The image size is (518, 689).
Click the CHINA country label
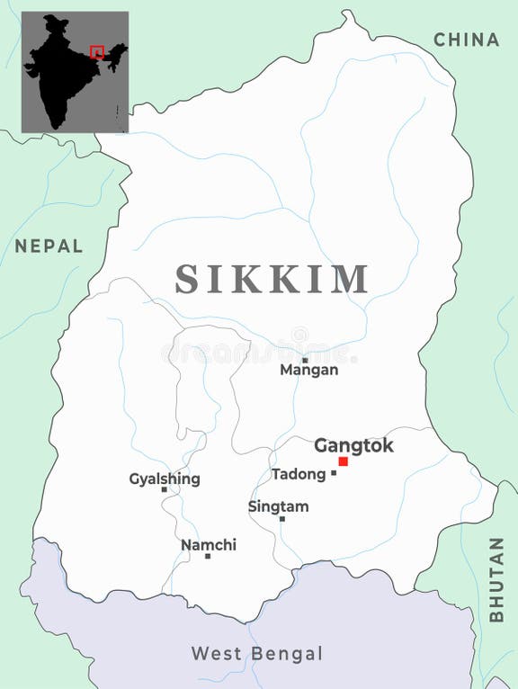pyautogui.click(x=466, y=40)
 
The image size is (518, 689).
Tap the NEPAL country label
pyautogui.click(x=49, y=246)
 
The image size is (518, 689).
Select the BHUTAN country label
pyautogui.click(x=496, y=579)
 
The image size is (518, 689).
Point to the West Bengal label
pyautogui.click(x=256, y=654)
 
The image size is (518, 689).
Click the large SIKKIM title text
pyautogui.click(x=272, y=280)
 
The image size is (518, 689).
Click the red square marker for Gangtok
pyautogui.click(x=343, y=461)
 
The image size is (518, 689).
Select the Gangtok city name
pyautogui.click(x=353, y=445)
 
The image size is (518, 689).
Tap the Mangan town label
pyautogui.click(x=308, y=370)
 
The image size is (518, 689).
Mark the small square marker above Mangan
pyautogui.click(x=305, y=360)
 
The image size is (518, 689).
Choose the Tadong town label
pyautogui.click(x=298, y=474)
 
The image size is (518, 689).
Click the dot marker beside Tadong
pyautogui.click(x=334, y=473)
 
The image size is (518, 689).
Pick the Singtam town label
pyautogui.click(x=278, y=506)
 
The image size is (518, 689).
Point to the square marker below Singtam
pyautogui.click(x=281, y=519)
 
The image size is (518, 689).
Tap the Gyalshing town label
pyautogui.click(x=165, y=479)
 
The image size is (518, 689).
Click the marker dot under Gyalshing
pyautogui.click(x=164, y=490)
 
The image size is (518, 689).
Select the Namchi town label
pyautogui.click(x=209, y=544)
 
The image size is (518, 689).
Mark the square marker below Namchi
pyautogui.click(x=208, y=556)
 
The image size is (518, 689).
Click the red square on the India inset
pyautogui.click(x=97, y=52)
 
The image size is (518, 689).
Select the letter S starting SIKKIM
pyautogui.click(x=187, y=280)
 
